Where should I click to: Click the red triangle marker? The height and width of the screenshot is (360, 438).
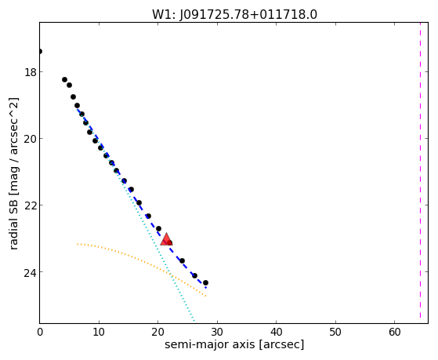pos(166,239)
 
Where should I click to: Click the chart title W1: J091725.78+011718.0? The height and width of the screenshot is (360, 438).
pos(234,15)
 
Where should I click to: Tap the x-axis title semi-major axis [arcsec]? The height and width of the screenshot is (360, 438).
pos(234,344)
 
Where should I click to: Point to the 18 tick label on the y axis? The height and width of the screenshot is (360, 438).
pos(30,72)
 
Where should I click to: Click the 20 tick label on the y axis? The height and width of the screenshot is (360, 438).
pos(30,139)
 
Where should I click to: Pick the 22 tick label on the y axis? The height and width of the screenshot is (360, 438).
pos(30,205)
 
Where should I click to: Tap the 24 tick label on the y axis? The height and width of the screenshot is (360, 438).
pos(30,272)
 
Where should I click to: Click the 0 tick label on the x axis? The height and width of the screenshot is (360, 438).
pos(40,333)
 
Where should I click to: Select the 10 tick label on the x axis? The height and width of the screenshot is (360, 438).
pos(99,333)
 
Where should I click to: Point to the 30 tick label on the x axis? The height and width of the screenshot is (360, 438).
pos(217,333)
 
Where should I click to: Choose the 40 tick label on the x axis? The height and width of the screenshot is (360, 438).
pos(276,333)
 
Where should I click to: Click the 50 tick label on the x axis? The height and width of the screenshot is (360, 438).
pos(335,333)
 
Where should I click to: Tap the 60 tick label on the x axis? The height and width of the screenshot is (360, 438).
pos(394,333)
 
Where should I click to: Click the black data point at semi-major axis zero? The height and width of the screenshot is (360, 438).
pos(40,51)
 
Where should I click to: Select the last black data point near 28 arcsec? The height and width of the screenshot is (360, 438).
pos(205,283)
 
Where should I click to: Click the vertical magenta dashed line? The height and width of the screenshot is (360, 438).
pos(420,173)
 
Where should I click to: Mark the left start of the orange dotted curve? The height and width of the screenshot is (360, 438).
pos(78,244)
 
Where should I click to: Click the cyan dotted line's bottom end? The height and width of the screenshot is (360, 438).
pos(194,321)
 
